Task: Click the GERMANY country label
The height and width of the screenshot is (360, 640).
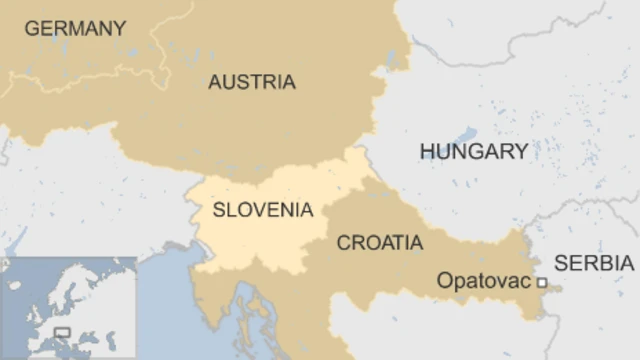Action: [x=76, y=28]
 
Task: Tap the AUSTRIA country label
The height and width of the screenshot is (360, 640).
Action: [x=252, y=82]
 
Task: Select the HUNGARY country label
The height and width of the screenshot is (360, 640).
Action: [x=473, y=151]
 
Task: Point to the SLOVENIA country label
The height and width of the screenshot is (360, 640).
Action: [x=262, y=210]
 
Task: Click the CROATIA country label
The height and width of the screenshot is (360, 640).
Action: [x=379, y=243]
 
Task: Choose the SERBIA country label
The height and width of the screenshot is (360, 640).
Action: [x=594, y=263]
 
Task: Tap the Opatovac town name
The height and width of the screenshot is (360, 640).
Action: [x=483, y=282]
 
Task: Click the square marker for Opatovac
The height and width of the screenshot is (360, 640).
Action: [x=541, y=283]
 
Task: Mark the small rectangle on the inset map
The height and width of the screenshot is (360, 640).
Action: [x=62, y=333]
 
